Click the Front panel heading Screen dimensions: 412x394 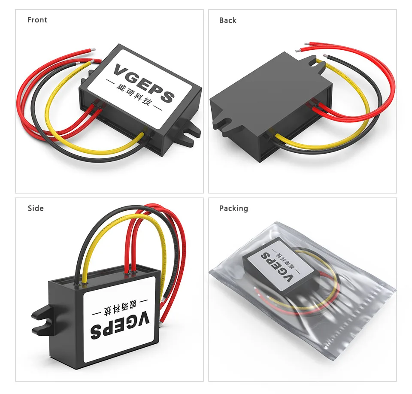pyautogui.click(x=37, y=20)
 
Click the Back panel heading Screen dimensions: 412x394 pyautogui.click(x=227, y=20)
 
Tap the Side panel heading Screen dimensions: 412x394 pyautogui.click(x=36, y=208)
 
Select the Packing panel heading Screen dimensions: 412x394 pyautogui.click(x=233, y=208)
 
